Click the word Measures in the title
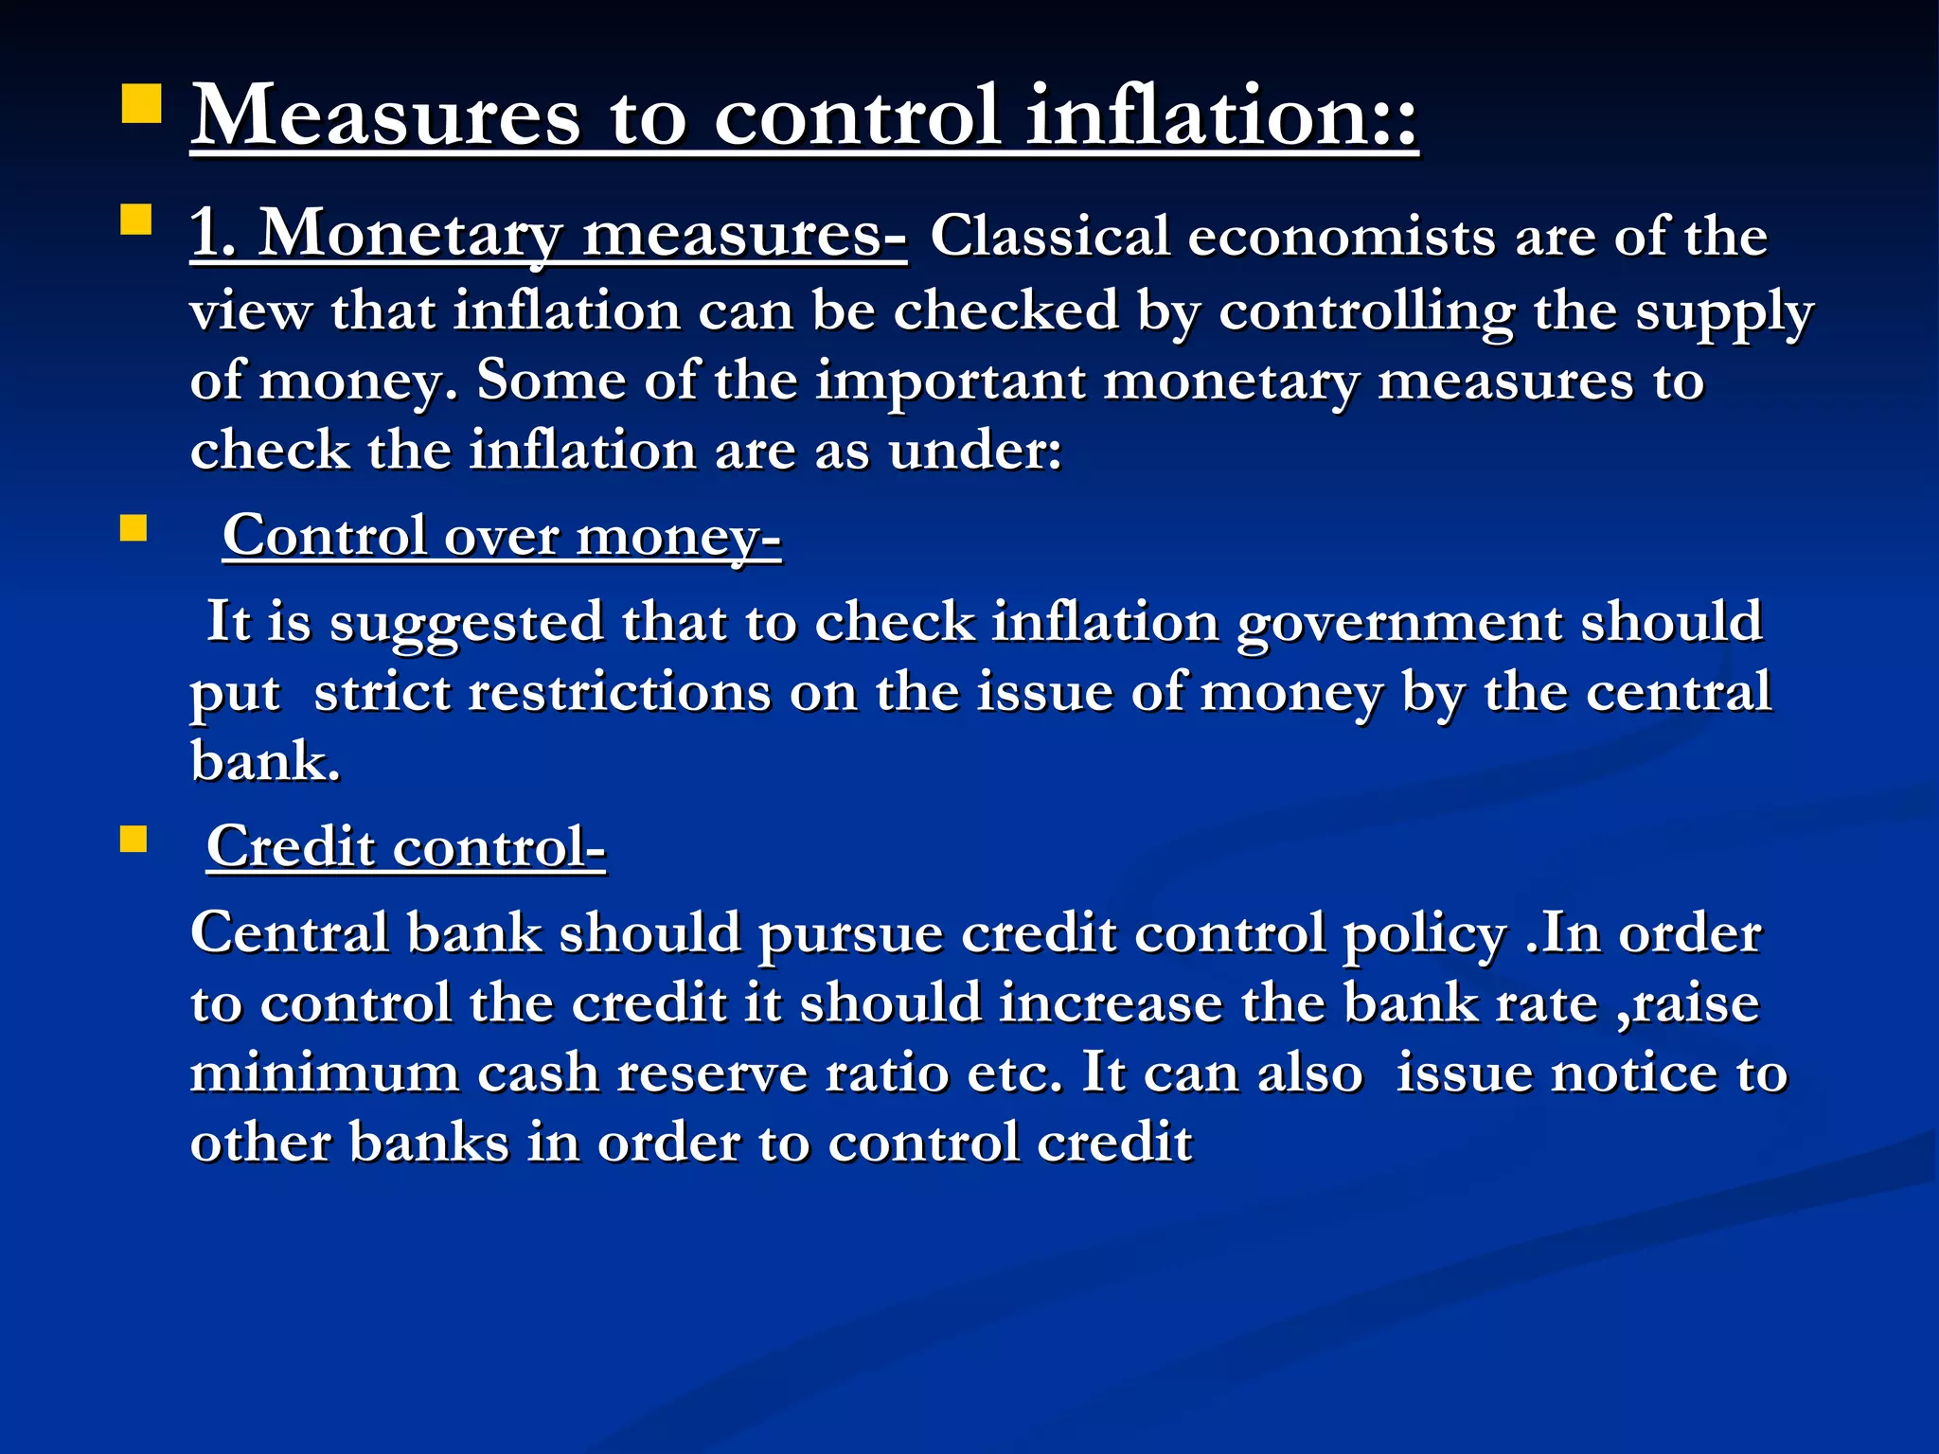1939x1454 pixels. click(385, 116)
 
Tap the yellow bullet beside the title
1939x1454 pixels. click(142, 103)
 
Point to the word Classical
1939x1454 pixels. click(1049, 237)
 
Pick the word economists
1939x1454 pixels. click(1343, 237)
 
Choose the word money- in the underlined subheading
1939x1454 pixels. click(679, 538)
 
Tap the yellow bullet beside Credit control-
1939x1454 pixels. click(133, 839)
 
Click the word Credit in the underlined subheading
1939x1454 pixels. click(291, 846)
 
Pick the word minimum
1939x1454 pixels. click(325, 1073)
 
